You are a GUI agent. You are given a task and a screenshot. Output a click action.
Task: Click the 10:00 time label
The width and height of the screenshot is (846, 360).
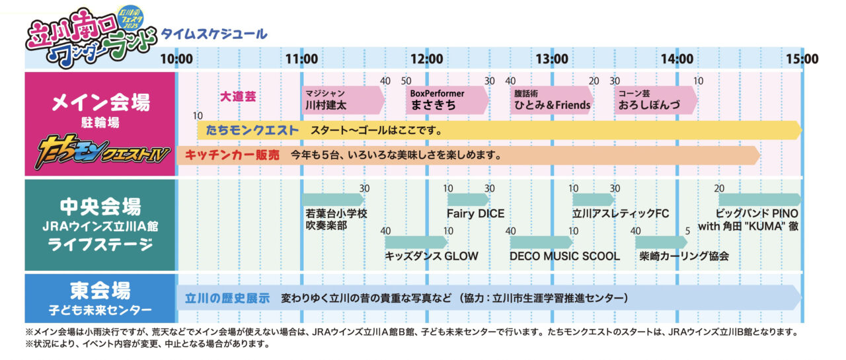coord(176,59)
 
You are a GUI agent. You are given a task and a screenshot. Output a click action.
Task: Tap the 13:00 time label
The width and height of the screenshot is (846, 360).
coord(552,59)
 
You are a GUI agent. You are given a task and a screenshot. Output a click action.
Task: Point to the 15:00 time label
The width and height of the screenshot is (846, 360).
coord(802,59)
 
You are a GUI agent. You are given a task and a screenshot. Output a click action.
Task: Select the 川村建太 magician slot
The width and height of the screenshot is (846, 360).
coord(343,100)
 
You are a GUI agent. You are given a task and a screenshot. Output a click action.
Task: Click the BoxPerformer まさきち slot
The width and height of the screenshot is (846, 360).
coord(447,100)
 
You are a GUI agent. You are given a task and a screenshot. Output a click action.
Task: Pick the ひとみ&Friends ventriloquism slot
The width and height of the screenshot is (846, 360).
coord(552,100)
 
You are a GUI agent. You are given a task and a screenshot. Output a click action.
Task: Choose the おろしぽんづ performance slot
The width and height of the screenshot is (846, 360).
coord(656,100)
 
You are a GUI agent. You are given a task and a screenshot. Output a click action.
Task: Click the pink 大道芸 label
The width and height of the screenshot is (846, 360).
coord(238,96)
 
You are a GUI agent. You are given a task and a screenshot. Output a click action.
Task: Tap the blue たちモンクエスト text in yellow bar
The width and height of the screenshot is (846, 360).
coord(252,130)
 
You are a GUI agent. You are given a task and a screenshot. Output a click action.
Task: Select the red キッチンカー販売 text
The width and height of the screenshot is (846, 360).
coord(232,155)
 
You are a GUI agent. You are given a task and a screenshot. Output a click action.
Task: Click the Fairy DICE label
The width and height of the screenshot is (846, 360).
coord(475,213)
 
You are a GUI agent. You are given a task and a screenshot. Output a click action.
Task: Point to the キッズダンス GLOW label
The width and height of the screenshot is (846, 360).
coord(432,256)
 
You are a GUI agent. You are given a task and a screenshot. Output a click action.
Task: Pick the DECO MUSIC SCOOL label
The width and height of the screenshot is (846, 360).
coord(564,256)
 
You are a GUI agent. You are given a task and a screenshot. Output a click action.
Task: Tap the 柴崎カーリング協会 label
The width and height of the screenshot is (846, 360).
coord(684,256)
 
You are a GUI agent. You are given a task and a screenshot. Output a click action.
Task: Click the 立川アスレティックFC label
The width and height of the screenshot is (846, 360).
coord(621,213)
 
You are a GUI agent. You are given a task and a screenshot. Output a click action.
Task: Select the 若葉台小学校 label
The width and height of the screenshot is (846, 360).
coord(336,213)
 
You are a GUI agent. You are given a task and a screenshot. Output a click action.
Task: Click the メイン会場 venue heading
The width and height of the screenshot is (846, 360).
coord(100,102)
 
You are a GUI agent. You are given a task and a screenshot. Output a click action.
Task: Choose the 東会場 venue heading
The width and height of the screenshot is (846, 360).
coord(100,291)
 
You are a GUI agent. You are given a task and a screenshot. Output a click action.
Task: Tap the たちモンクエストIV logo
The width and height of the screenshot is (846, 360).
coord(102,152)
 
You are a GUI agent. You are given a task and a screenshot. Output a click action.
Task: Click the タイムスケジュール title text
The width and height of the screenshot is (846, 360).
coord(214,34)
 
